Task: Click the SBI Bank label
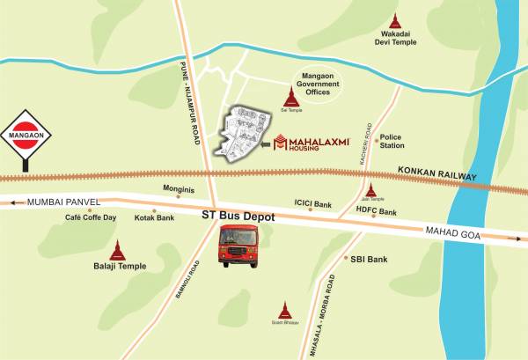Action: click(369, 260)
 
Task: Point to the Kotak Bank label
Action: click(154, 217)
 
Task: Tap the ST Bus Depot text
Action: click(238, 215)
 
